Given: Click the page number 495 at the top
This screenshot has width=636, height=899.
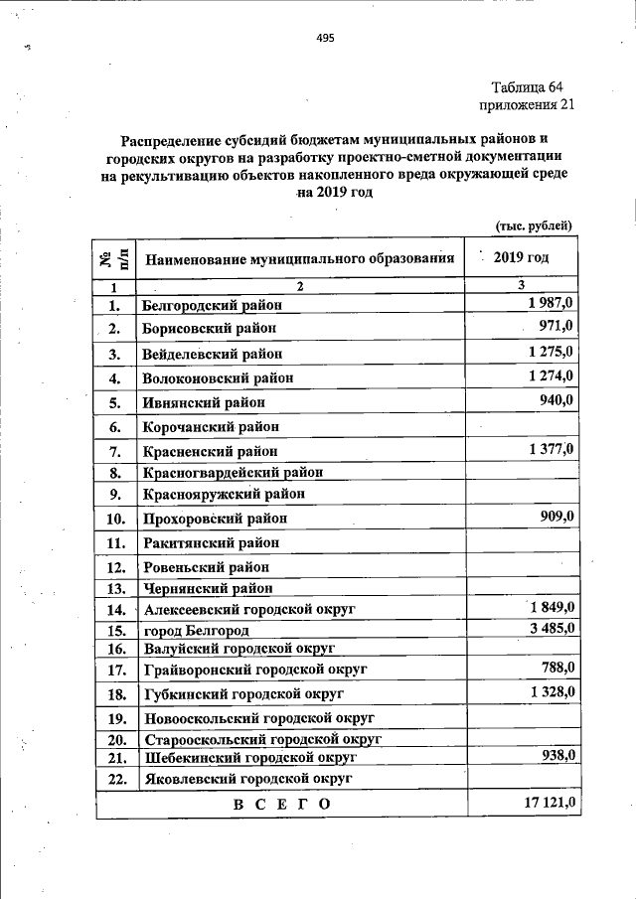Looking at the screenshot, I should coord(325,39).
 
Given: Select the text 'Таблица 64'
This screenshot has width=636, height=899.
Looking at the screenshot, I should coord(534,86).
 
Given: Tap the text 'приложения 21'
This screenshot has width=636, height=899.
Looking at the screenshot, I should coord(527,104).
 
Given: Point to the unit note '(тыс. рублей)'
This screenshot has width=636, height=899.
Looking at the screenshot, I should coord(535,225).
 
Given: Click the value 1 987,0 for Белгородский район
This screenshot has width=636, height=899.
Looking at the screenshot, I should coord(552,302).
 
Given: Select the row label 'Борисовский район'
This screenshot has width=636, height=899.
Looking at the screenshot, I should coord(209,328).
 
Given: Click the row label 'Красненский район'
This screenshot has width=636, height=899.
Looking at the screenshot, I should coord(209,452).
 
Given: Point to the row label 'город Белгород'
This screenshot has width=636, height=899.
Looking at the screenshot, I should coord(196,630).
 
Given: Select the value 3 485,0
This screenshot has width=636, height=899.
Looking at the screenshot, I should coord(552,627).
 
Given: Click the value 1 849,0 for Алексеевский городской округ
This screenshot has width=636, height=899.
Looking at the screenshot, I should coord(552,607).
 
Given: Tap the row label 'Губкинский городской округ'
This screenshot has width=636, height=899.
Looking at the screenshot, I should coord(243,693).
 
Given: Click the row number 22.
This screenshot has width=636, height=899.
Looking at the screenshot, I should coord(114,780).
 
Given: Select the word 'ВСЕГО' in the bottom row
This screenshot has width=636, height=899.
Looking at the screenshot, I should coord(281,804).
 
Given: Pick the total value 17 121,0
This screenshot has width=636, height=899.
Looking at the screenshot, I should coord(546,802).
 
